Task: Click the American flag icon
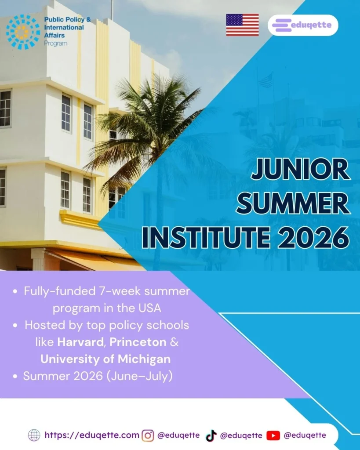click(x=242, y=25)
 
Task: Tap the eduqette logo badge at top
click(x=303, y=25)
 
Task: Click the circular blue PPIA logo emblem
click(x=22, y=32)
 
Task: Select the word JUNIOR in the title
click(x=300, y=171)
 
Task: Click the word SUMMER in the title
click(x=296, y=204)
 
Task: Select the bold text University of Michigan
click(x=105, y=359)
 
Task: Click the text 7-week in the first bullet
click(x=128, y=291)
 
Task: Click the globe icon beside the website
click(x=34, y=435)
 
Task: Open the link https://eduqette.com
click(x=92, y=435)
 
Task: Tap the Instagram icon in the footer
click(x=148, y=435)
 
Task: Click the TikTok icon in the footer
click(x=211, y=435)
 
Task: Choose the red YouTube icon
click(x=273, y=435)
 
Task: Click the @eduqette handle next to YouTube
click(x=305, y=435)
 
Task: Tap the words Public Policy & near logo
click(x=67, y=20)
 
